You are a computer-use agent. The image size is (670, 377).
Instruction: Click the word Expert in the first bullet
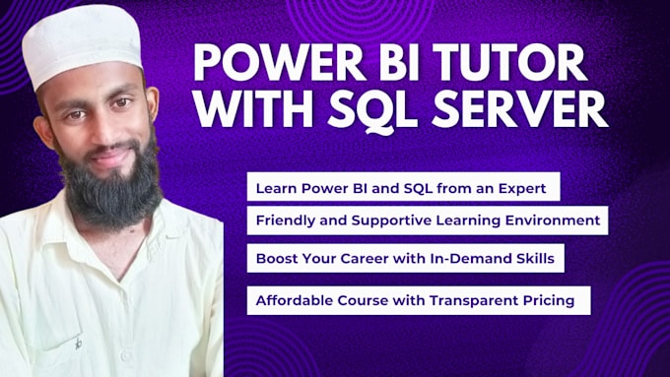[x=532, y=185]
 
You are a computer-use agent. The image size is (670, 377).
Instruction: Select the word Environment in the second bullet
[x=553, y=220]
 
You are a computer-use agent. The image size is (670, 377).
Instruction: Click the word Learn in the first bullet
[x=274, y=185]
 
